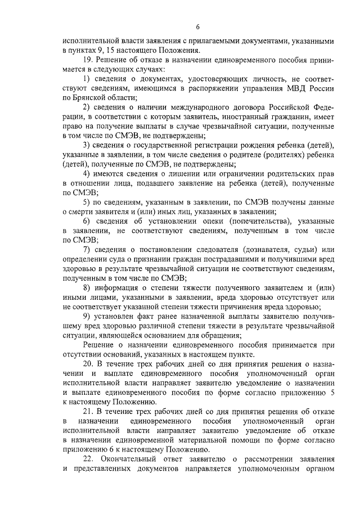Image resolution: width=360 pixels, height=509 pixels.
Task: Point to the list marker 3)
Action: coord(87,146)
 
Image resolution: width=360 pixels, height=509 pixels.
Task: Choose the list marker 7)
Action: coord(87,249)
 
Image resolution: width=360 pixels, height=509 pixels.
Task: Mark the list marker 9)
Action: coord(87,317)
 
